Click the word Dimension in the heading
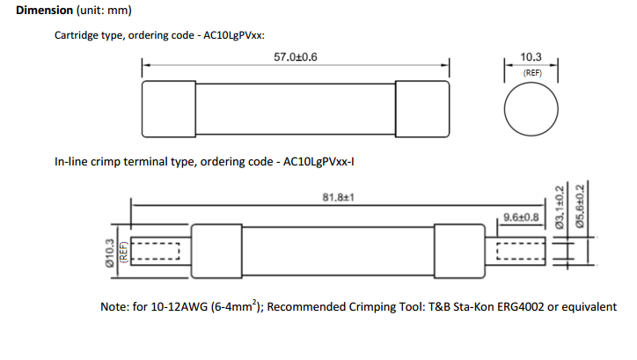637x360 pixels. (43, 11)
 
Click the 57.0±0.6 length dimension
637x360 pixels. (296, 56)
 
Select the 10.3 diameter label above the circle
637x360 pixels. (531, 57)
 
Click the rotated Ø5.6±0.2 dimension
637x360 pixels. (580, 207)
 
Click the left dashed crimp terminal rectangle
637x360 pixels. (155, 253)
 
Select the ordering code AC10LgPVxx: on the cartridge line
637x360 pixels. (226, 36)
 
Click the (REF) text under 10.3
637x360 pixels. (531, 73)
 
